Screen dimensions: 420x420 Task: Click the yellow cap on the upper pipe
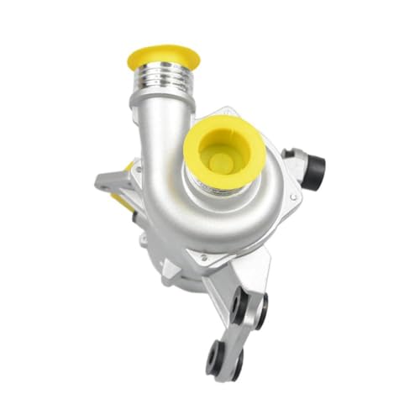click(x=163, y=57)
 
